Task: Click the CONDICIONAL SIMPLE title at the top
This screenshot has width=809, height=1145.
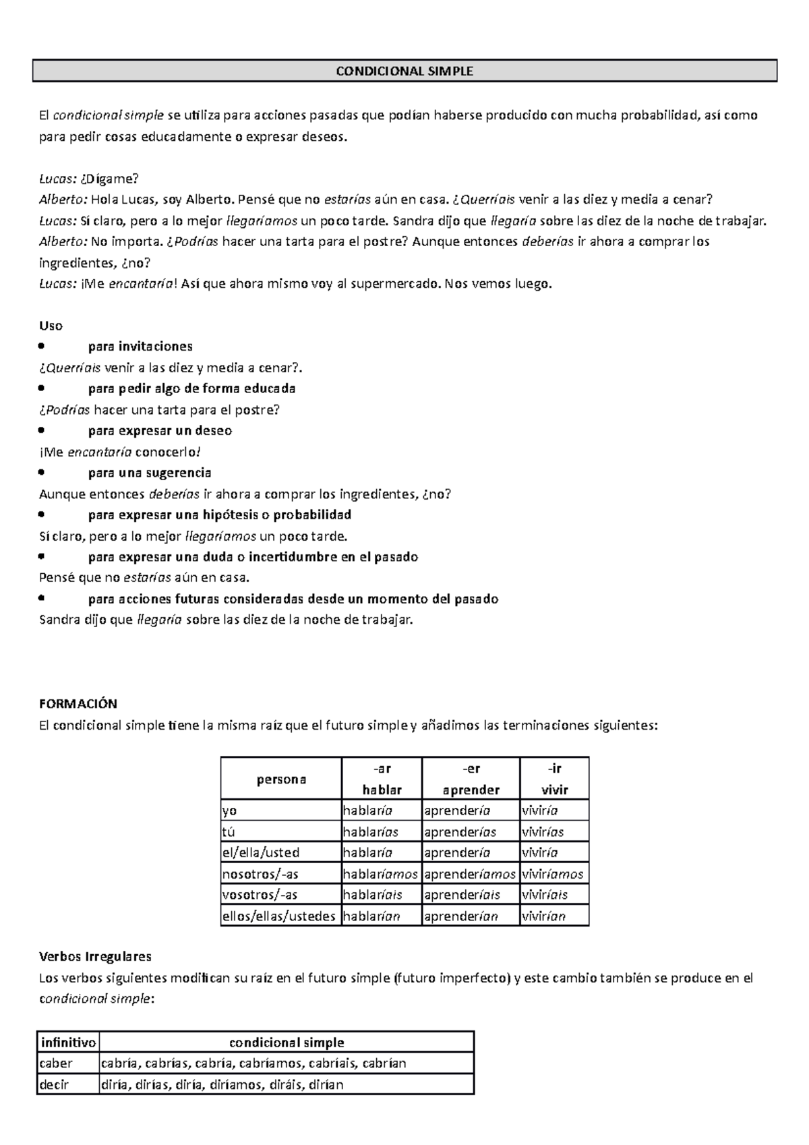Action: pos(404,71)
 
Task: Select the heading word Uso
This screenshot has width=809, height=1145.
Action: pos(51,326)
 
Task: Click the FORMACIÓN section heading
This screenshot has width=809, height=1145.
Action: pos(78,704)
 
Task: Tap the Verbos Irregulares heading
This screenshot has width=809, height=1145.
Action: pos(95,956)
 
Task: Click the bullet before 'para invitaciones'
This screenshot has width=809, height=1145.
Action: pos(42,347)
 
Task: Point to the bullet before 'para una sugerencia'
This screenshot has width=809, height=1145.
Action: pos(42,473)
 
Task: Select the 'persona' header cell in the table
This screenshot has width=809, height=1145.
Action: pos(281,779)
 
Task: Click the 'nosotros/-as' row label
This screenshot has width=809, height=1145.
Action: pos(260,874)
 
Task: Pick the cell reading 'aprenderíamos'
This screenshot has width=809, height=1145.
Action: pos(470,874)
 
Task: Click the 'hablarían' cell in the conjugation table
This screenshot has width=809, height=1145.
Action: pos(371,916)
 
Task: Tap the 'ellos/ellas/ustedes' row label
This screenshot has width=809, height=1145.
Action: pos(279,916)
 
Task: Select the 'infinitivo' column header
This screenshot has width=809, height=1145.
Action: pos(67,1043)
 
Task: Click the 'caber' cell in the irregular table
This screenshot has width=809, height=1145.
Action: pos(57,1063)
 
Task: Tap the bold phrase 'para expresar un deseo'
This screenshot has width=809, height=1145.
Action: pos(160,431)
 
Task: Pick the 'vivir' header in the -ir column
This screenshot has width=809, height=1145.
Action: pos(554,790)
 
